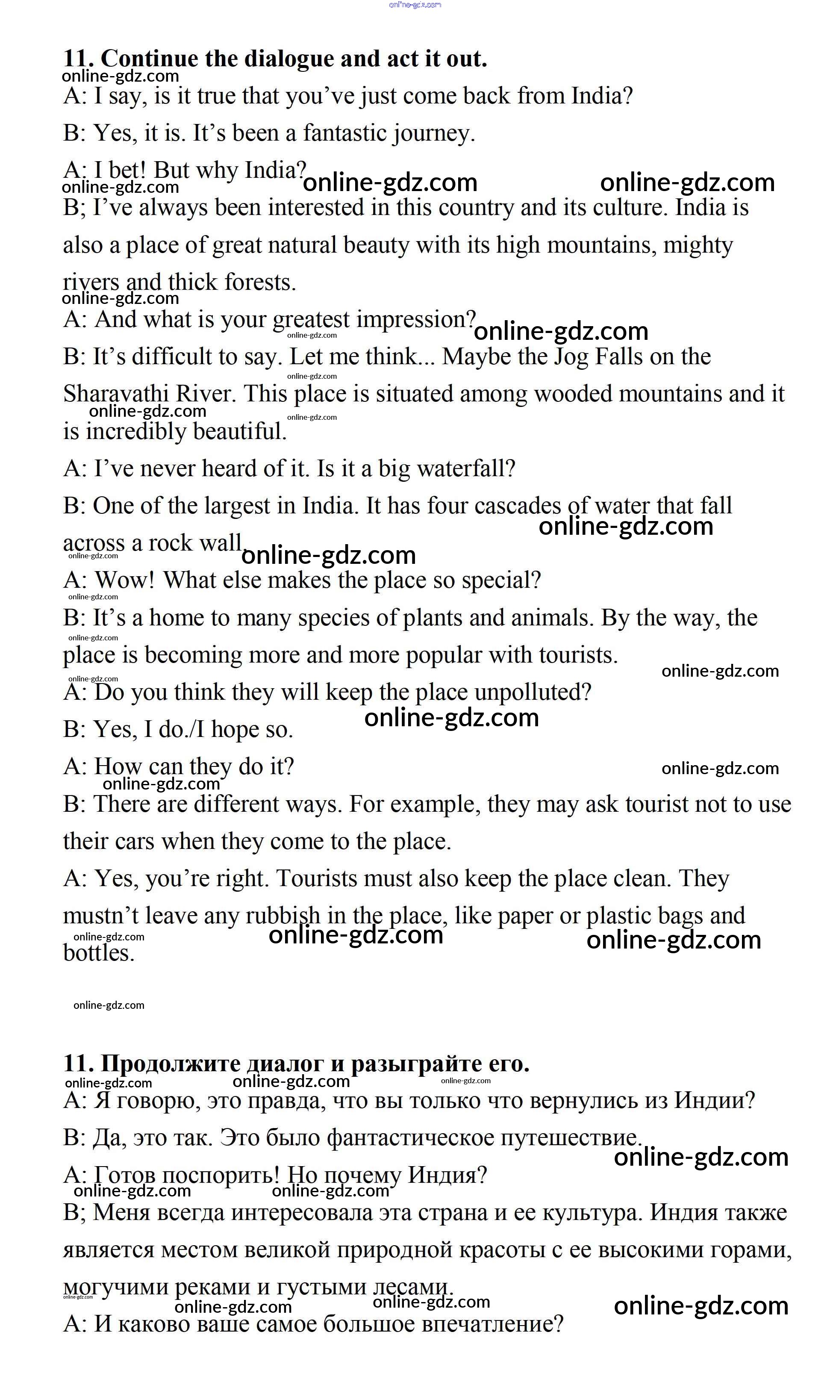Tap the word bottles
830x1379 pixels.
[x=98, y=953]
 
